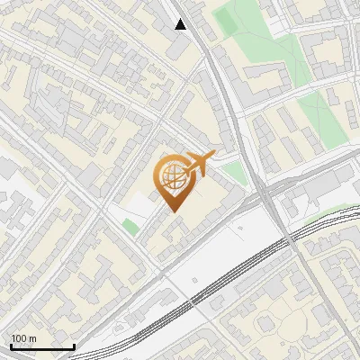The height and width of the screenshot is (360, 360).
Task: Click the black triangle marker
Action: click(181, 24)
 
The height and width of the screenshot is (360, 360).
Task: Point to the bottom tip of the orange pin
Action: click(174, 212)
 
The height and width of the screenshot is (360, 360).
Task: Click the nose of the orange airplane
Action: click(213, 156)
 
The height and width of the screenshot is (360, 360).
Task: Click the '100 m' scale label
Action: click(24, 337)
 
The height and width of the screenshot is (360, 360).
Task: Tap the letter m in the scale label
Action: click(33, 337)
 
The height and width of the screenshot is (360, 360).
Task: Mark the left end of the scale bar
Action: click(11, 346)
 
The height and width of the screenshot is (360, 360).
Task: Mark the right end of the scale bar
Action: click(74, 346)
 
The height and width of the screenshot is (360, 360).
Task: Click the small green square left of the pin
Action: click(131, 227)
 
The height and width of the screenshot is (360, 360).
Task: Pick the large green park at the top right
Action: click(270, 40)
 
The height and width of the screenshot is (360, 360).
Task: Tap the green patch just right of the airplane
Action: click(234, 173)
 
